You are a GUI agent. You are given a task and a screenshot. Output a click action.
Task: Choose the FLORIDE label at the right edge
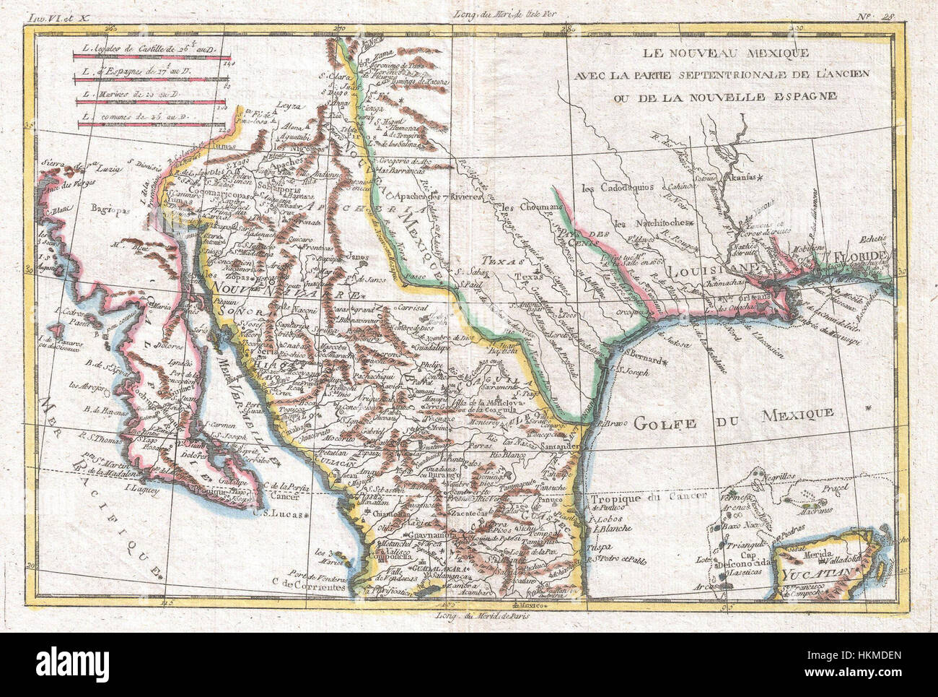(x=863, y=256)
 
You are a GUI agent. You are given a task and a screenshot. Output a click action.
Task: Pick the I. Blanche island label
(x=610, y=528)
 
